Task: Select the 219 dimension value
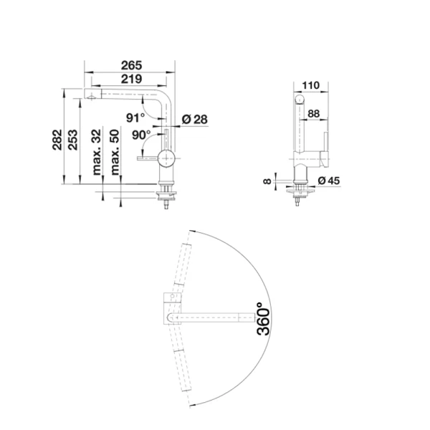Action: point(130,80)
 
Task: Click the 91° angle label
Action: point(135,117)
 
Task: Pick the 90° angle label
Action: point(140,134)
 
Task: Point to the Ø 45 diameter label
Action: point(327,180)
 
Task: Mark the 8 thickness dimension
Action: point(267,181)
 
